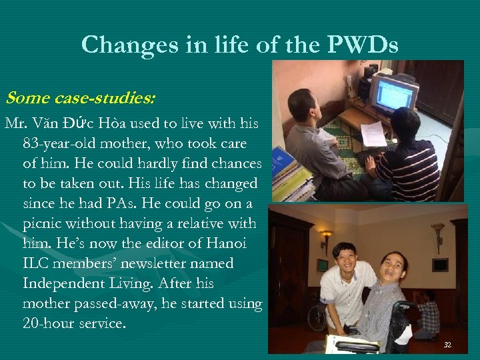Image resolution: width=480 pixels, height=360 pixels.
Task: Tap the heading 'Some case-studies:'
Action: coord(81,98)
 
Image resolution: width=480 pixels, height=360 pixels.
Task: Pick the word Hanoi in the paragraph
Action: coord(225,243)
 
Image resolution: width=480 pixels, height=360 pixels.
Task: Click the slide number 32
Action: coord(447,345)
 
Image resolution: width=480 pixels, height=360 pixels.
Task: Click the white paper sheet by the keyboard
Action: coord(373,134)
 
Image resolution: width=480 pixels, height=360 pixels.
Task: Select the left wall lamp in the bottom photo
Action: coord(326,237)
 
